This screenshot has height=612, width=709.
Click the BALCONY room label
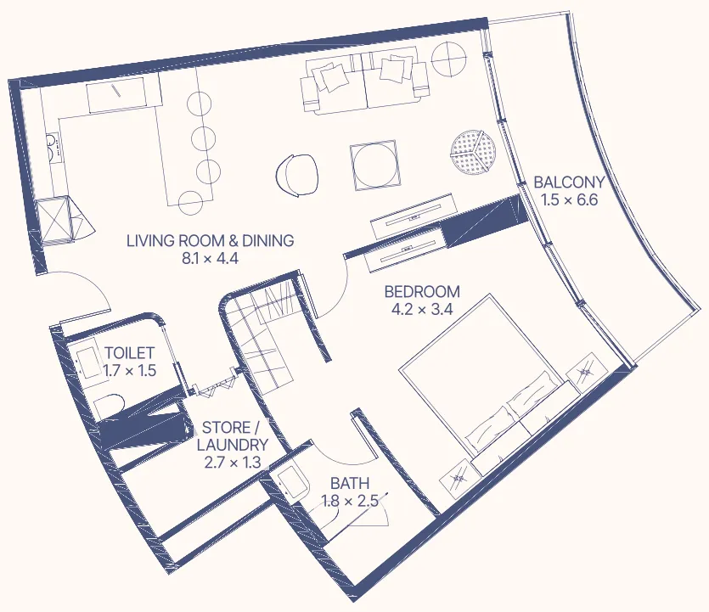coord(568,182)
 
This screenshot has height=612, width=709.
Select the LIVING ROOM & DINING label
coord(210,241)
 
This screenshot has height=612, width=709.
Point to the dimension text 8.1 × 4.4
coord(210,259)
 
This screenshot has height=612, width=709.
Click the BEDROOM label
coord(422,291)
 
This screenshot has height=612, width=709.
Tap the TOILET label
coord(129,353)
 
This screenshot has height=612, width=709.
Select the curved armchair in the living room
coord(298,174)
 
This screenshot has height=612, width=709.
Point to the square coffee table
coord(374,165)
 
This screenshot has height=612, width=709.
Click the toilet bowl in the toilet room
coord(110,407)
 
